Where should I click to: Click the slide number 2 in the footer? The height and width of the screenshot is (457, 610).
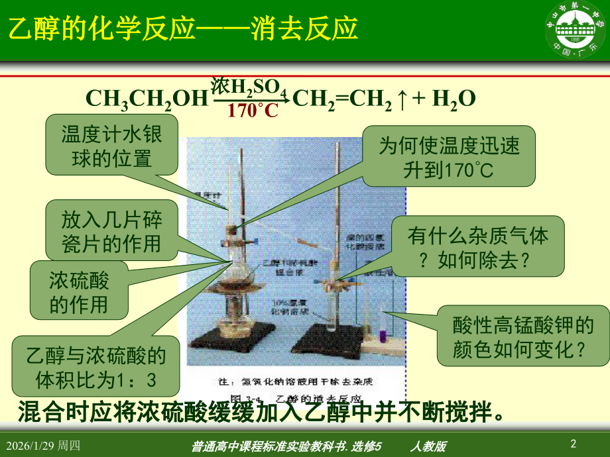574,442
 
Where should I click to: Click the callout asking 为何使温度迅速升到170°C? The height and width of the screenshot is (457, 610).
449,156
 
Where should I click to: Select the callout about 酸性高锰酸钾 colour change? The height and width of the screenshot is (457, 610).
513,336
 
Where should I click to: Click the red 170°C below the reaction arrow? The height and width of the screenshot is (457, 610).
253,111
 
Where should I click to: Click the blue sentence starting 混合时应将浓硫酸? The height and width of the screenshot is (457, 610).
259,411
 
